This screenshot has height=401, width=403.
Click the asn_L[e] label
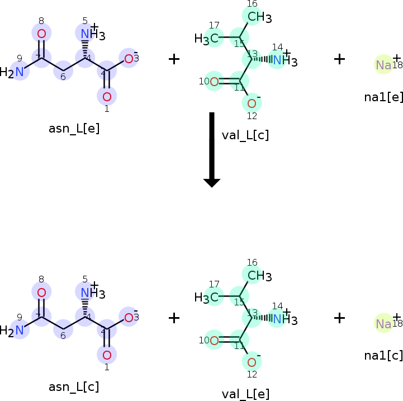point(74,128)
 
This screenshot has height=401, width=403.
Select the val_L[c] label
point(245,135)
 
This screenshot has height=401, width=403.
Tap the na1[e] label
point(383,96)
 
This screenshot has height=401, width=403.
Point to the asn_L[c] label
point(74,386)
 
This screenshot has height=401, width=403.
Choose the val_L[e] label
point(245,394)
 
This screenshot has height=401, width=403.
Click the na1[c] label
point(383,355)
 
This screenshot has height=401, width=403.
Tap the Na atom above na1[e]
point(383,65)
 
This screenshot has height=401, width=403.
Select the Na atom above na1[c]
point(383,324)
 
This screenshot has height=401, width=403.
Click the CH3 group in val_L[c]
point(259,17)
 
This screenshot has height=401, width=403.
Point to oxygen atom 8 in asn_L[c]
point(41,293)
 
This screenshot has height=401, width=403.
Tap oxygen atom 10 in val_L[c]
point(214,82)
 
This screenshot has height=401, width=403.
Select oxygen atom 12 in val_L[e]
point(252,361)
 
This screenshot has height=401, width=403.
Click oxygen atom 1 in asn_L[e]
point(107,96)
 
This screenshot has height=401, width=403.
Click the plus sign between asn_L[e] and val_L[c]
point(174,59)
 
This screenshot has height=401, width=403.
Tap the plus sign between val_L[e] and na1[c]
point(339,318)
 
